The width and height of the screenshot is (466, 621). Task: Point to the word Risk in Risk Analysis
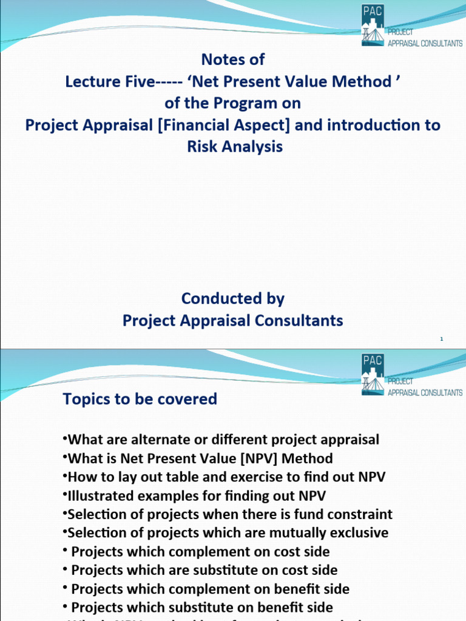coord(206,147)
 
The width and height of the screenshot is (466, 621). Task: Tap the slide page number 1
coord(442,339)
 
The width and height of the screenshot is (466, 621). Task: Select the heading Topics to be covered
coord(140,399)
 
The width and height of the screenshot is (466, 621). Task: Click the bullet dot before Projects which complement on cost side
coord(66,552)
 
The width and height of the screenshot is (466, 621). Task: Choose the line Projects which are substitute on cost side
coord(204,571)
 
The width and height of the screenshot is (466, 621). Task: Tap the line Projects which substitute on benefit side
coord(202,608)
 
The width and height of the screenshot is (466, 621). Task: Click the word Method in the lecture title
coord(366,82)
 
